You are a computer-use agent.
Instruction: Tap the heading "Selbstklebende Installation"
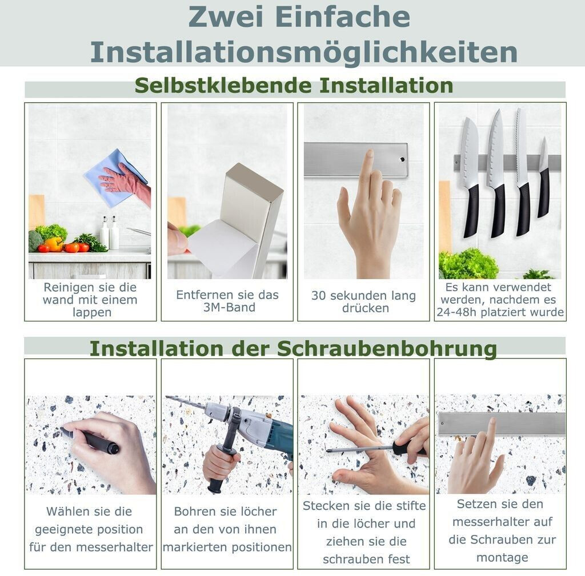click(294, 86)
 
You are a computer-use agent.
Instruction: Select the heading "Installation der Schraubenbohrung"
click(293, 349)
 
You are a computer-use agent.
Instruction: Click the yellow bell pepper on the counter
click(54, 244)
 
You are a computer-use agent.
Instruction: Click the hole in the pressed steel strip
click(402, 160)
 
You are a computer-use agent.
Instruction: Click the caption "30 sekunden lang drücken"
click(364, 301)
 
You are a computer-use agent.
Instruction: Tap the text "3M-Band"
click(229, 308)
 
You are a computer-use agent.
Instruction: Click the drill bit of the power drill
click(185, 402)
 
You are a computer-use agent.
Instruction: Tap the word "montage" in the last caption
click(502, 558)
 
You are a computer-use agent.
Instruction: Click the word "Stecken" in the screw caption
click(323, 506)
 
